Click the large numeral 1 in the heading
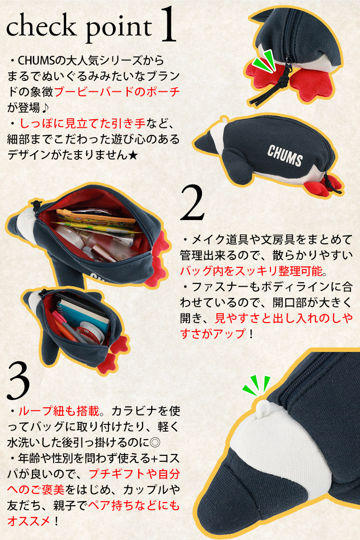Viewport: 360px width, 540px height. tap(168, 25)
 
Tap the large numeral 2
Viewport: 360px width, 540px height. tap(192, 203)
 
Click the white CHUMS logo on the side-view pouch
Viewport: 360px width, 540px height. tap(285, 156)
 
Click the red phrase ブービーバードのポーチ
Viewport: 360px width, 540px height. tap(117, 92)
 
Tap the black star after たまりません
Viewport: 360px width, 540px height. tap(133, 155)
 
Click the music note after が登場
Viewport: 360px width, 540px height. tap(45, 108)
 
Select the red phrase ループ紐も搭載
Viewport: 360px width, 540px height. tap(59, 411)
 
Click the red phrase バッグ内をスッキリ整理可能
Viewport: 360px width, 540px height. tap(251, 271)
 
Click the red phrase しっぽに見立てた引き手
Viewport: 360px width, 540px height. tap(82, 123)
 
